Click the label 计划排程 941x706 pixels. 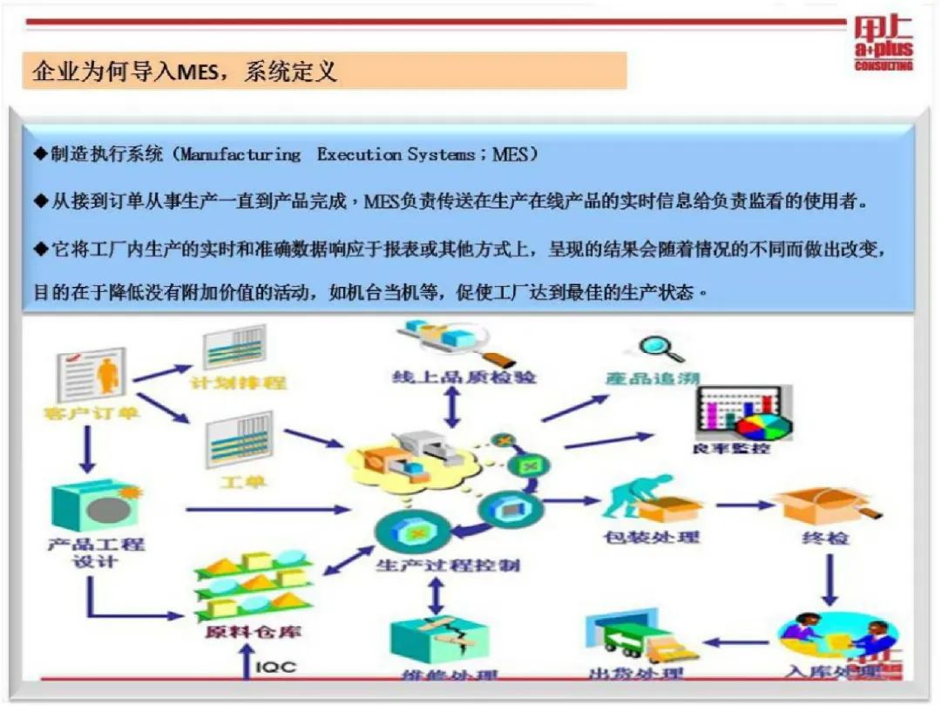pyautogui.click(x=239, y=383)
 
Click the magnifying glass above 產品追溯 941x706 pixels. pyautogui.click(x=659, y=350)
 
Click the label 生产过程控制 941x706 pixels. pyautogui.click(x=448, y=565)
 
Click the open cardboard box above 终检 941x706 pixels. pyautogui.click(x=813, y=505)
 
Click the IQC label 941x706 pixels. pyautogui.click(x=275, y=668)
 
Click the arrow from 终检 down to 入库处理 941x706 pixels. pyautogui.click(x=829, y=580)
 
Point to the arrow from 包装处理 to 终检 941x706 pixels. pyautogui.click(x=745, y=505)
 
